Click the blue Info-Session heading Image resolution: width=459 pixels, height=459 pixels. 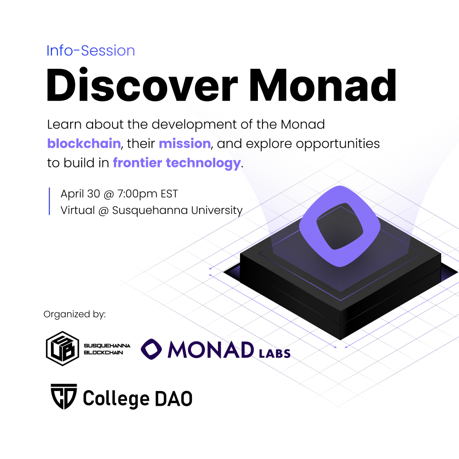point(91,50)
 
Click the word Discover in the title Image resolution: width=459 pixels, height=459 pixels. point(142,85)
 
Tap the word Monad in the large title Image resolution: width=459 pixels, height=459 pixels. point(323,85)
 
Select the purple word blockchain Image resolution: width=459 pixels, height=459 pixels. point(84,144)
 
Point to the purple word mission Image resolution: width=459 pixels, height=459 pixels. point(185,144)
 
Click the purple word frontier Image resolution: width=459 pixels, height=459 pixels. point(137,163)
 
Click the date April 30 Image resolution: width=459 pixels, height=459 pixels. point(80,194)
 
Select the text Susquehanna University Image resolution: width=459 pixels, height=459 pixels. point(177,211)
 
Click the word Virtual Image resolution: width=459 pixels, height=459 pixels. point(78,211)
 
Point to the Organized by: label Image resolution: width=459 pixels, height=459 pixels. point(75,314)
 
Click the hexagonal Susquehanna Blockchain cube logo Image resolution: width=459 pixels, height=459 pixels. point(62,348)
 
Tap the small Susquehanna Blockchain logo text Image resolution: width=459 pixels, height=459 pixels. point(107,349)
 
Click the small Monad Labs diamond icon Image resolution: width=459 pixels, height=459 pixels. point(151,349)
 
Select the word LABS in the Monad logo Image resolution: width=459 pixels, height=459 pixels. point(274,353)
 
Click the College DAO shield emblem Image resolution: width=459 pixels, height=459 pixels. point(64,397)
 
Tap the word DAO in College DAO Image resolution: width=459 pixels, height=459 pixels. point(174,398)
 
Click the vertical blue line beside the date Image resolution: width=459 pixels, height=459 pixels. point(49,202)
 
